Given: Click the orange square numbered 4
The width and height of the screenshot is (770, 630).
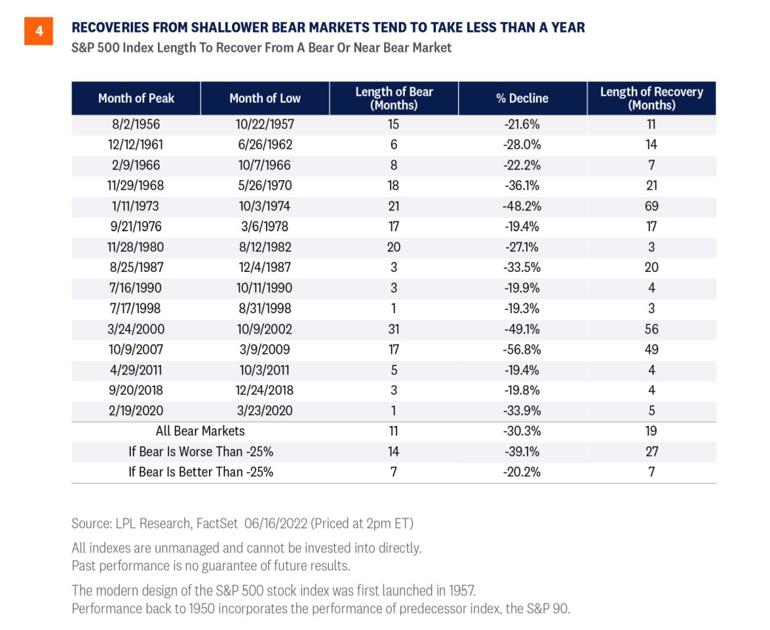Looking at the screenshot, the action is click(x=38, y=32).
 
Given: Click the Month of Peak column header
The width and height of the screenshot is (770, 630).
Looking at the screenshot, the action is click(x=136, y=98).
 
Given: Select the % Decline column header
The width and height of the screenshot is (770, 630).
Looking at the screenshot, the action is click(x=522, y=98).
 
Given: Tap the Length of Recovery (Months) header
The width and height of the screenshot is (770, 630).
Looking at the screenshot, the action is click(x=652, y=98).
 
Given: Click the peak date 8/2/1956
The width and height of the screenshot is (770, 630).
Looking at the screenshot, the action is click(x=136, y=124).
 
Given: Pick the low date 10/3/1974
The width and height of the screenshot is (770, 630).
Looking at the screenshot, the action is click(x=265, y=206).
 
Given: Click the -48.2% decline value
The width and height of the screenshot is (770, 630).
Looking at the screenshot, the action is click(x=522, y=206).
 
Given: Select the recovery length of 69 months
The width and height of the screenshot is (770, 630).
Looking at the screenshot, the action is click(x=652, y=206).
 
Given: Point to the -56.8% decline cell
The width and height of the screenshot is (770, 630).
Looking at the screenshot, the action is click(x=522, y=349).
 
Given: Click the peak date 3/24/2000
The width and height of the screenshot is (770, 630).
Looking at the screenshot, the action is click(x=136, y=329).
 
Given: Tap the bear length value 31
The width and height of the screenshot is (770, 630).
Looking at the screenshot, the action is click(x=394, y=329).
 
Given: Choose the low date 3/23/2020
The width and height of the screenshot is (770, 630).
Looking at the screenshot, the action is click(x=265, y=411).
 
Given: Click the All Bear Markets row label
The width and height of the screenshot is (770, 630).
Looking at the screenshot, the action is click(x=200, y=431).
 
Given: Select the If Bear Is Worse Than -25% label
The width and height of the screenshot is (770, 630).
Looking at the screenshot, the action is click(x=201, y=451).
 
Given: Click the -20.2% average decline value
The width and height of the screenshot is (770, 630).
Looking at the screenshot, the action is click(x=522, y=472).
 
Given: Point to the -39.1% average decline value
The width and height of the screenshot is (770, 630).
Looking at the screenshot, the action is click(x=522, y=451).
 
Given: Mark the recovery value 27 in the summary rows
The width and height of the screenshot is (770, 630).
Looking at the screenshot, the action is click(x=652, y=451).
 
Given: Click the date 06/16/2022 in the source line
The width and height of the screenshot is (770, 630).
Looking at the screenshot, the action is click(x=276, y=524).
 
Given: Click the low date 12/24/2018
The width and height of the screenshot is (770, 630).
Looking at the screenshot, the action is click(x=265, y=390).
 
